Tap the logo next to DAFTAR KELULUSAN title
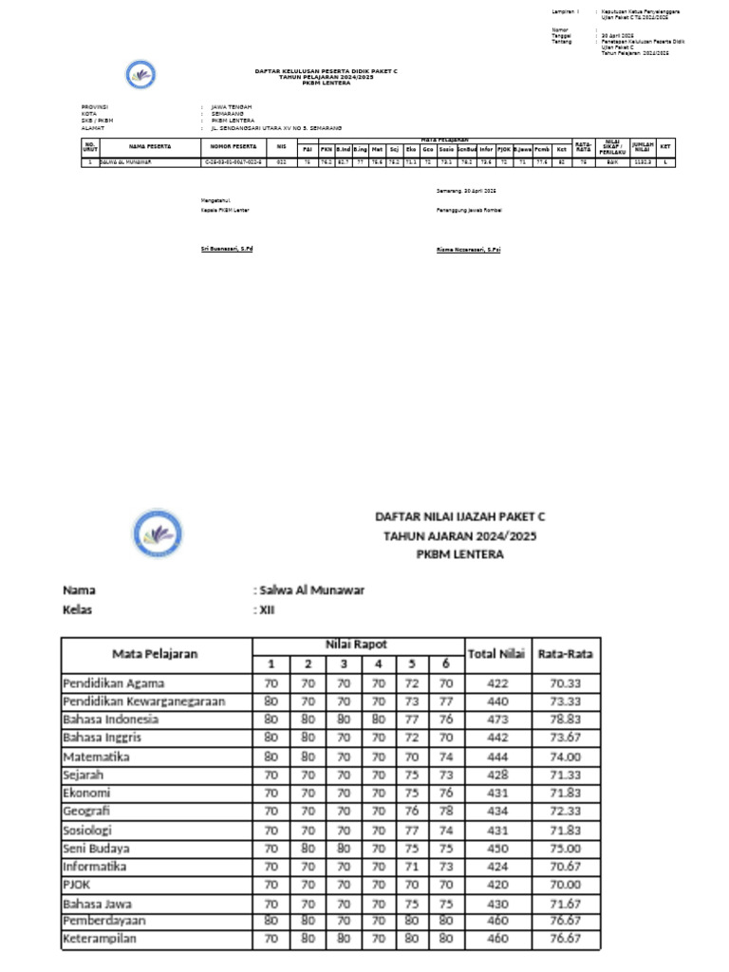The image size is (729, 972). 140,74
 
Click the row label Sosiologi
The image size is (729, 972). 90,830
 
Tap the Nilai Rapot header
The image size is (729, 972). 356,645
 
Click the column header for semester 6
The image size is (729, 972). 445,664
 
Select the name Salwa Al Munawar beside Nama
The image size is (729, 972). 311,590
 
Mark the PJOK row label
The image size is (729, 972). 78,885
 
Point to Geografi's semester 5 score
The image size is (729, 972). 411,812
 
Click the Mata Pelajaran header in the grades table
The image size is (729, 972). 156,653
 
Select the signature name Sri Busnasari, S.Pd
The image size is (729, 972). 227,249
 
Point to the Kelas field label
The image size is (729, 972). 78,610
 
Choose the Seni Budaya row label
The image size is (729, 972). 97,849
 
